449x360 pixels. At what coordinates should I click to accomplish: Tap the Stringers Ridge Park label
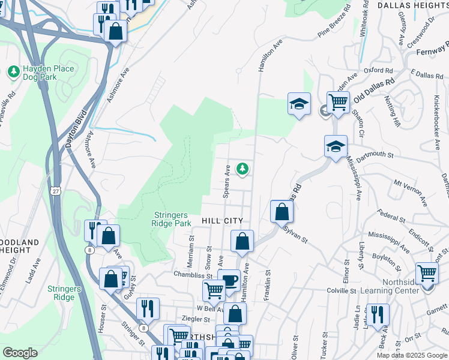(170, 219)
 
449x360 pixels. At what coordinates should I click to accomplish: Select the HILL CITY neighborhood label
(222, 221)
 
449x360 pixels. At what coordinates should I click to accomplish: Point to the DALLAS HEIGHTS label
(413, 5)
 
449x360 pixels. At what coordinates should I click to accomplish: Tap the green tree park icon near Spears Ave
(243, 170)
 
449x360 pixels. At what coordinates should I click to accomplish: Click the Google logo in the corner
(20, 353)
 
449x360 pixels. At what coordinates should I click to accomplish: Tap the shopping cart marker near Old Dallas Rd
(338, 101)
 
